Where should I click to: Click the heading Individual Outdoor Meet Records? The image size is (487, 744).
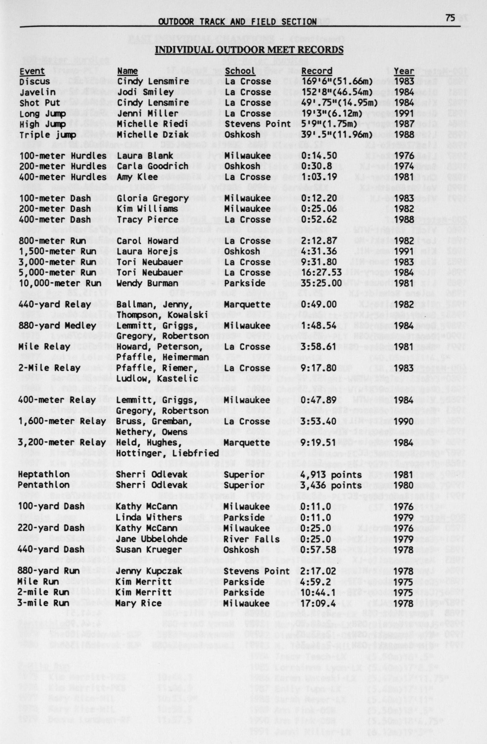(249, 50)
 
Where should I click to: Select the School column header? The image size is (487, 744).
(240, 71)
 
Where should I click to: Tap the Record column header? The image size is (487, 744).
(317, 71)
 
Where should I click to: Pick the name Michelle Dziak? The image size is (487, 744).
(153, 135)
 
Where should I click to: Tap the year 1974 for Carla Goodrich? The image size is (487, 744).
(404, 166)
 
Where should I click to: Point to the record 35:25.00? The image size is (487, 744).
(319, 283)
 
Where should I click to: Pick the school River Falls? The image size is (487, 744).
(252, 539)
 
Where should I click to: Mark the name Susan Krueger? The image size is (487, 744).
(148, 549)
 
